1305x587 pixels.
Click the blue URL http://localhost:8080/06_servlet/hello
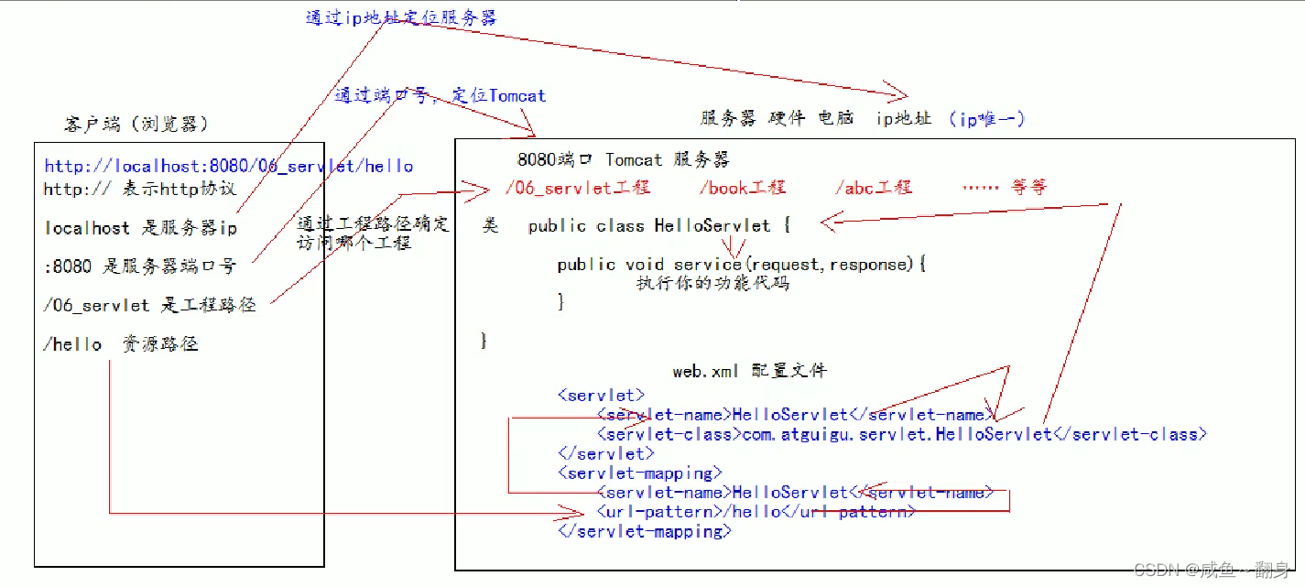point(228,166)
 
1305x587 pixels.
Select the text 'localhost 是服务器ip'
point(140,227)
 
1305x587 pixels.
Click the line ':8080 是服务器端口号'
point(139,266)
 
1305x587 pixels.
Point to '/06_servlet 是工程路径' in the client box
point(149,305)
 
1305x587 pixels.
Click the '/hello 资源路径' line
point(120,344)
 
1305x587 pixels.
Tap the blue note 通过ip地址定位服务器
point(400,16)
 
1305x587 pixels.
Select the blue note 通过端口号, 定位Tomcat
point(440,95)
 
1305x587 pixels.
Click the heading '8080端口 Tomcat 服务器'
point(623,159)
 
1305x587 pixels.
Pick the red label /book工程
point(742,187)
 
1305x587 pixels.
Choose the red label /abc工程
point(873,187)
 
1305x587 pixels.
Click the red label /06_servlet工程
point(577,187)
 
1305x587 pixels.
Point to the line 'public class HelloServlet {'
point(658,225)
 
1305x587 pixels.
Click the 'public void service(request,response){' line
point(742,265)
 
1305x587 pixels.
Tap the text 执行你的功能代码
point(712,284)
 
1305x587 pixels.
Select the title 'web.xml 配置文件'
point(749,371)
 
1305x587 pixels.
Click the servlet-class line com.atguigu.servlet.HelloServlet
point(902,434)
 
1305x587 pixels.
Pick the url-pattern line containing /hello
point(756,512)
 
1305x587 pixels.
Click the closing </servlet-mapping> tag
point(644,531)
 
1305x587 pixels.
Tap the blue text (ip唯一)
point(986,119)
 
